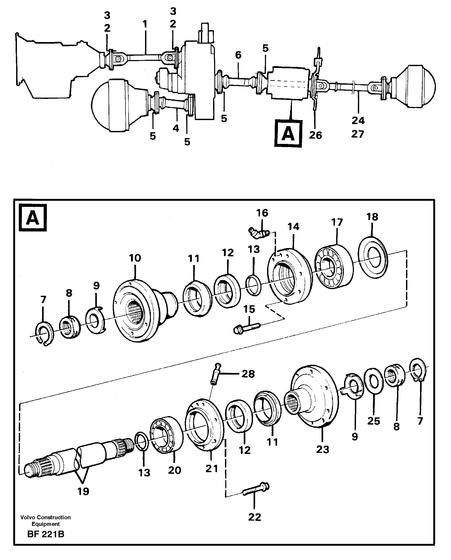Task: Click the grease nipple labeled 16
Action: click(x=258, y=233)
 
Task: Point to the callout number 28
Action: click(x=248, y=374)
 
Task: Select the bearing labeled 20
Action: click(x=166, y=435)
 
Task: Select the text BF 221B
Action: click(x=46, y=540)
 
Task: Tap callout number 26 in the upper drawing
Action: click(x=315, y=135)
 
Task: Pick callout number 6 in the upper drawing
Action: click(x=238, y=55)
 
